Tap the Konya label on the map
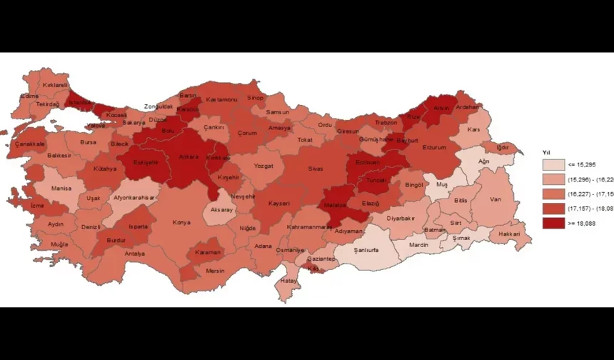(x=181, y=222)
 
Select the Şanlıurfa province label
(x=356, y=250)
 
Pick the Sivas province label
(x=316, y=169)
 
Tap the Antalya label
(x=134, y=254)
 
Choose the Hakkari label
(x=510, y=234)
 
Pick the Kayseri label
(x=278, y=203)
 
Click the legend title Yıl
(x=546, y=152)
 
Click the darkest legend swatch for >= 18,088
(x=553, y=223)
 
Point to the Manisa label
(x=61, y=189)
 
